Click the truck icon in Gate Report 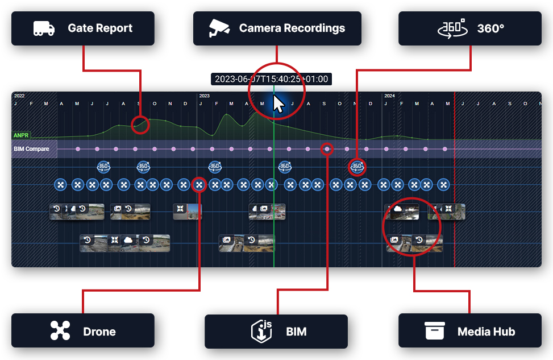(43, 28)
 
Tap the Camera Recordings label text (292, 28)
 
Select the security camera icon (219, 28)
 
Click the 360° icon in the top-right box (451, 28)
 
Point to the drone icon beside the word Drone (60, 331)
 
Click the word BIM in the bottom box (296, 332)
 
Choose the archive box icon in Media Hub (434, 331)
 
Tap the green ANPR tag (22, 136)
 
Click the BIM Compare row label (31, 149)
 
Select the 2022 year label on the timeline (19, 96)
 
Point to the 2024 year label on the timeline (389, 96)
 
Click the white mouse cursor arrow (278, 104)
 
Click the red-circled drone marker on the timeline (199, 185)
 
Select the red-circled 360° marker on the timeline (357, 167)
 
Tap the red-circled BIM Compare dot (327, 149)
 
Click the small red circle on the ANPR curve (140, 125)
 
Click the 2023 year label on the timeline (205, 96)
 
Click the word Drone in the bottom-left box (99, 332)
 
